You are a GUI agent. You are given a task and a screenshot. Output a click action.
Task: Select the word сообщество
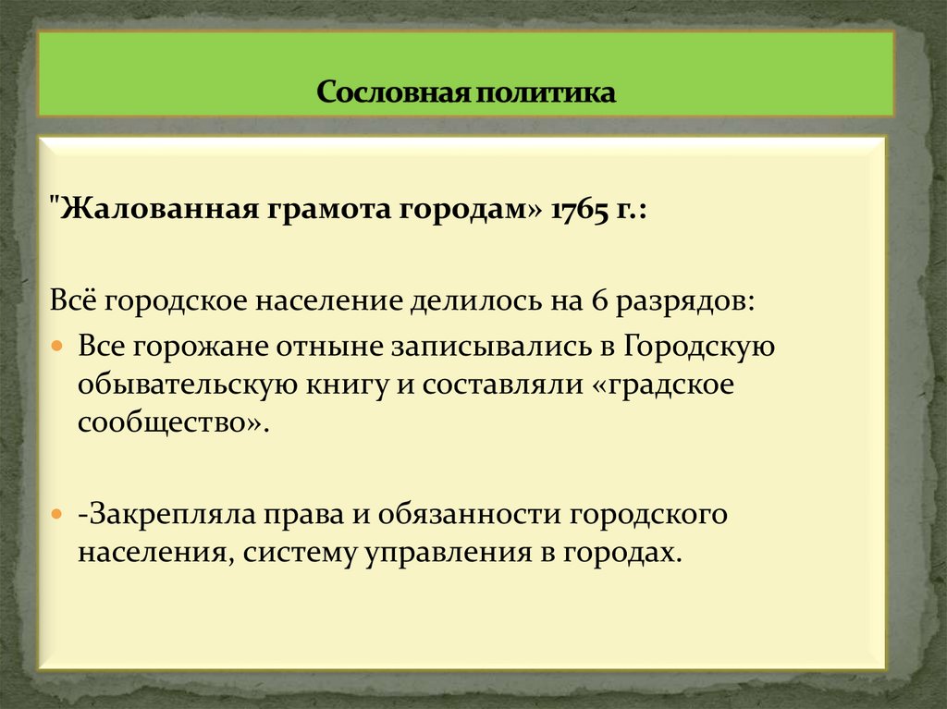tap(171, 425)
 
